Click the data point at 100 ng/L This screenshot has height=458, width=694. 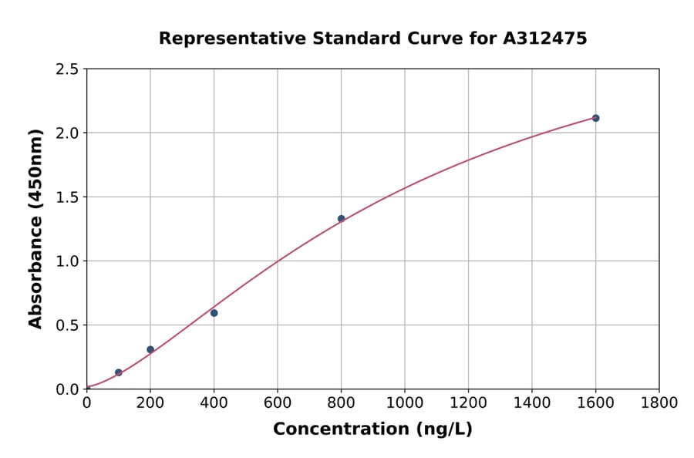coord(119,372)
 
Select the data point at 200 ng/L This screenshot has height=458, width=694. coord(150,349)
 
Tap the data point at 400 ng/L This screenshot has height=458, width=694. coord(214,313)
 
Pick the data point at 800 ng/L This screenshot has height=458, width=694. coord(341,219)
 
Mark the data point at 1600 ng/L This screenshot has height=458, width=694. coord(595,118)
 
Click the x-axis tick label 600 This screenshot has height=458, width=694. coord(278,402)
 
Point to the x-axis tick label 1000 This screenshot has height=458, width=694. coord(405,402)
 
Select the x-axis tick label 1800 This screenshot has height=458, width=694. coord(659,402)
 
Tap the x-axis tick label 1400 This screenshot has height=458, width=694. coord(532,402)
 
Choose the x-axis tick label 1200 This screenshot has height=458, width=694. coord(468,402)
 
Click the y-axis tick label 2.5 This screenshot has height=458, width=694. coord(68,69)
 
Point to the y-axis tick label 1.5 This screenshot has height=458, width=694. coord(68,197)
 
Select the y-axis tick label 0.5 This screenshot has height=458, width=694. coord(68,325)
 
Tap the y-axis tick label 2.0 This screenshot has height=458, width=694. coord(68,133)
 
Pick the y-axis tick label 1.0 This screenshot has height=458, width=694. coord(68,261)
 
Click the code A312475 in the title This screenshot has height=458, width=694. coord(546,38)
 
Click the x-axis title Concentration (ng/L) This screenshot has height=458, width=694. coord(372,429)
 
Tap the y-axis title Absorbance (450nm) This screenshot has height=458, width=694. coord(35,228)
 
